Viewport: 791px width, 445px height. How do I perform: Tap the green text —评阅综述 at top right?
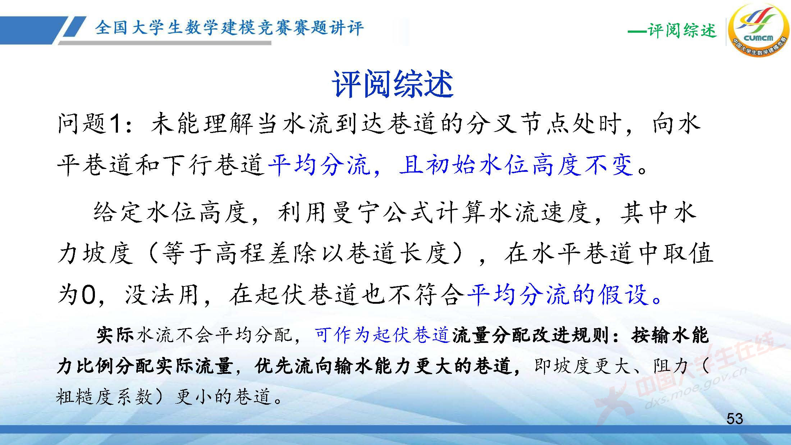click(672, 31)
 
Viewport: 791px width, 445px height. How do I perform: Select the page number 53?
click(735, 419)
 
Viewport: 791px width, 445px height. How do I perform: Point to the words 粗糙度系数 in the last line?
click(104, 397)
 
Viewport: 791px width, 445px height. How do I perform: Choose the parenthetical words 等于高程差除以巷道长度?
click(306, 253)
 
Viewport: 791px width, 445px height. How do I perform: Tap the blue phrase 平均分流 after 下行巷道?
click(319, 165)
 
